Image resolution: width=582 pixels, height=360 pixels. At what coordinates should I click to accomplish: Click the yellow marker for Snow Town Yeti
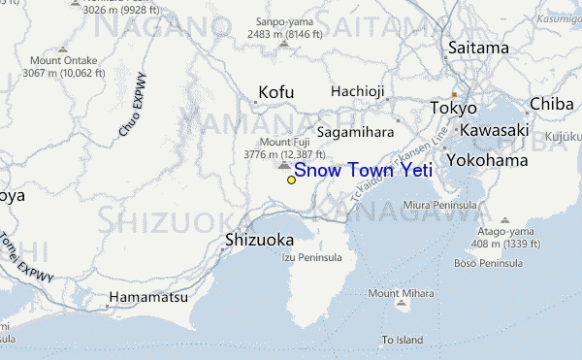(291, 180)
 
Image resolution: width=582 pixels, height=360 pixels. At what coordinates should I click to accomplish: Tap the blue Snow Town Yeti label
(363, 171)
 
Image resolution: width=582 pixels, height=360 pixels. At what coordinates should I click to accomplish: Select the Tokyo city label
(453, 108)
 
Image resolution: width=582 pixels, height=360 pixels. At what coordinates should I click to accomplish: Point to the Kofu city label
(275, 93)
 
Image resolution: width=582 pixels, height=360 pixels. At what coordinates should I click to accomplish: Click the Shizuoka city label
(259, 239)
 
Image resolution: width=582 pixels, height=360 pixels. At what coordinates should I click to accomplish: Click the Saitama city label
(478, 48)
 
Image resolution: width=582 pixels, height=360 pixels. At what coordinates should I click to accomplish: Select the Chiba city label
(551, 104)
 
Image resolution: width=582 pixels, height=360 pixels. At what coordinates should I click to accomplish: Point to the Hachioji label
(358, 91)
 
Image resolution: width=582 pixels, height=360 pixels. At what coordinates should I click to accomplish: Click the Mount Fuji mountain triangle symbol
(283, 166)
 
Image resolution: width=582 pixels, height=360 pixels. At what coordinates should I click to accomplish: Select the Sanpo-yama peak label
(277, 21)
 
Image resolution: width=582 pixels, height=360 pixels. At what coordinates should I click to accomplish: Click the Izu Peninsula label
(311, 257)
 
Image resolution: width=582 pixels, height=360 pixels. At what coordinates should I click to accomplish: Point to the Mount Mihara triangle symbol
(403, 305)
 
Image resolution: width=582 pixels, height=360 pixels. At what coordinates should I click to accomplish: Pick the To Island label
(403, 340)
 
